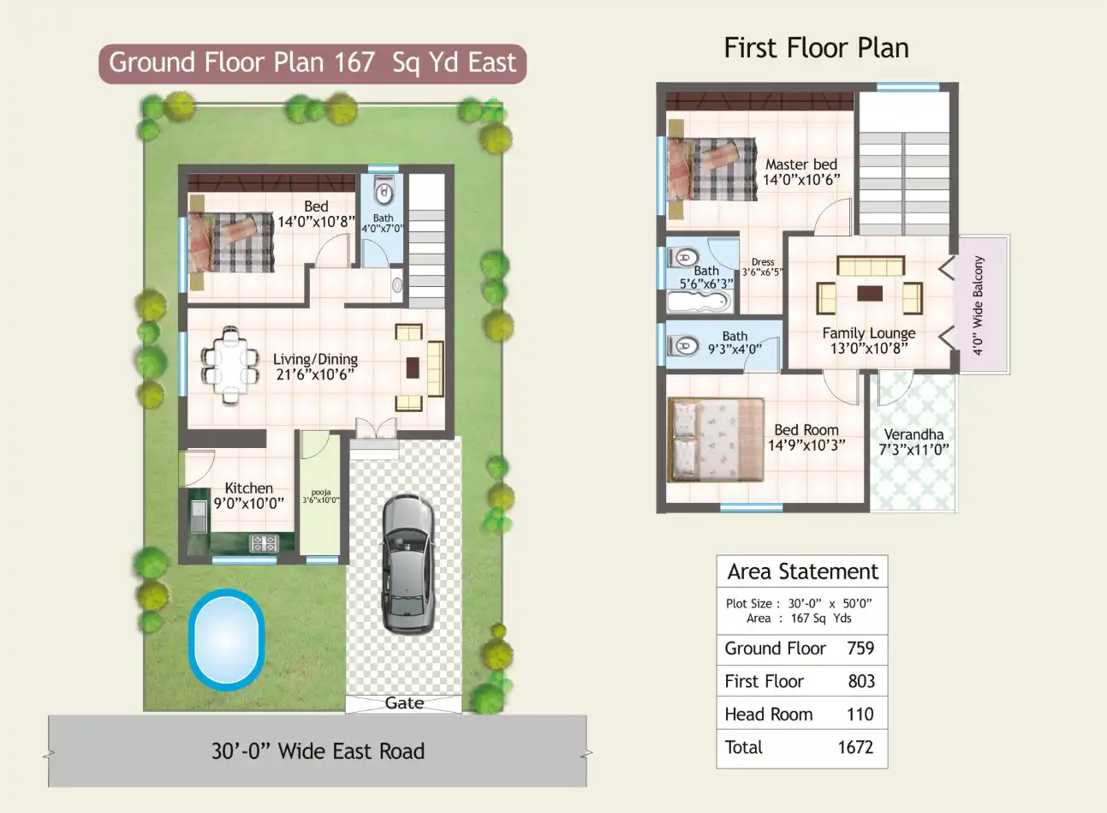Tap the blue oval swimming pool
click(226, 639)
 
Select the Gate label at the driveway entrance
click(404, 703)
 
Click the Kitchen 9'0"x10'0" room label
click(248, 496)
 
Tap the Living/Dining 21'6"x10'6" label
click(315, 367)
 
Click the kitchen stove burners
click(264, 542)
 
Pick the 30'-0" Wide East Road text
click(318, 751)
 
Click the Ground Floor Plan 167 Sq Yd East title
click(312, 63)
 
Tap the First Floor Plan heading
click(816, 48)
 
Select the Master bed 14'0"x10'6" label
click(801, 171)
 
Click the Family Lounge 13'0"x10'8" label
click(868, 340)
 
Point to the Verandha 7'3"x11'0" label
click(914, 441)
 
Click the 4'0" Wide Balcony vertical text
click(979, 305)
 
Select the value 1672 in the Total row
click(855, 747)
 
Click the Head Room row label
click(768, 714)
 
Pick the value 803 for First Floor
click(860, 681)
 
